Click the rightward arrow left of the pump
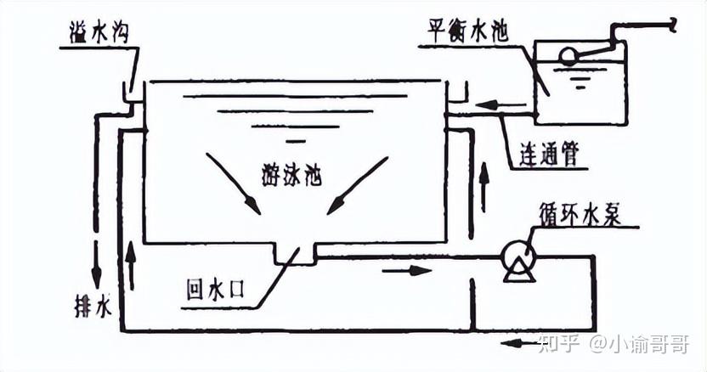(402, 272)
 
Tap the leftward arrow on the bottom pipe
(513, 343)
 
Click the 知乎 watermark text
(559, 343)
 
